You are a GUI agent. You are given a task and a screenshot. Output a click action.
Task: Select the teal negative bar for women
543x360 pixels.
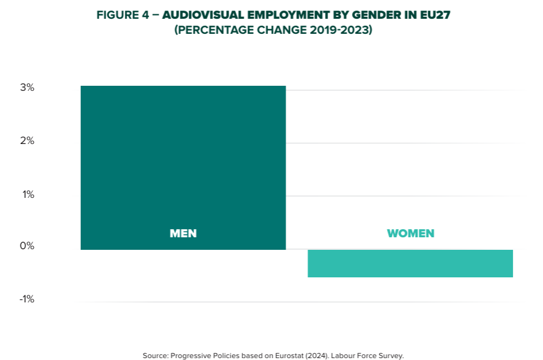410,263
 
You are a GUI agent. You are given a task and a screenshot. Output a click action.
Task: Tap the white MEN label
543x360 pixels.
183,234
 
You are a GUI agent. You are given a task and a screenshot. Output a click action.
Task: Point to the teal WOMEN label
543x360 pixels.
410,234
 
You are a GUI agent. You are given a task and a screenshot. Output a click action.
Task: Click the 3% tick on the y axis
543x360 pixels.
27,88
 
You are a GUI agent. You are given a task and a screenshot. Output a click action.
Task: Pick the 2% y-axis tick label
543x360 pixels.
27,141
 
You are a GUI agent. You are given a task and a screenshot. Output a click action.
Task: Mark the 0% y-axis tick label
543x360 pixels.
27,246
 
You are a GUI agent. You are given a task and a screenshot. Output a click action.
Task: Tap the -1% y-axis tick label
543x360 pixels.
26,299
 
